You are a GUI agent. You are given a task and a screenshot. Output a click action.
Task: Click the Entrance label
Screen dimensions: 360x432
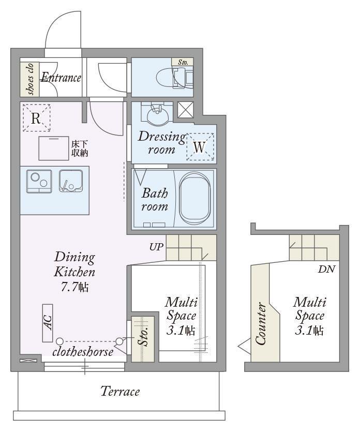coord(61,78)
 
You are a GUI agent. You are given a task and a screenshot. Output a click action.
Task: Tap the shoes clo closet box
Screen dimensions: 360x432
coord(29,79)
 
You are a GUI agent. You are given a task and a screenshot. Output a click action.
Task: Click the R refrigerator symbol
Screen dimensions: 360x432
coord(36,118)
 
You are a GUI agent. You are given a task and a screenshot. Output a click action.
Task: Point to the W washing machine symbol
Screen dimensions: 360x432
coord(200,147)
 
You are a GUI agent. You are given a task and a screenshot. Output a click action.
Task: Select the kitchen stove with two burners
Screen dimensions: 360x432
coord(39,181)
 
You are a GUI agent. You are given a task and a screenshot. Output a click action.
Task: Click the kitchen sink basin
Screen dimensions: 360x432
coord(71,181)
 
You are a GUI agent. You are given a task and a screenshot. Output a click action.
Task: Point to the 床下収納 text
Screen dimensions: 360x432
coord(80,148)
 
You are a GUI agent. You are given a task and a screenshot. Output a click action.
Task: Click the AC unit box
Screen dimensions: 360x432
coord(48,323)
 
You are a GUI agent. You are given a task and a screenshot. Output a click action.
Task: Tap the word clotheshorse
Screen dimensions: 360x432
coord(83,352)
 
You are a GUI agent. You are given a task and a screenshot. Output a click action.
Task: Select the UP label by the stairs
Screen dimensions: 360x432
coord(156,247)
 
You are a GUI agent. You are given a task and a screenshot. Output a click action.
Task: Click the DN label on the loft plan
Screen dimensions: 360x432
coord(327,269)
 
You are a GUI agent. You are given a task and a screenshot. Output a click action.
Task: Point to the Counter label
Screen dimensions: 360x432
coord(261,323)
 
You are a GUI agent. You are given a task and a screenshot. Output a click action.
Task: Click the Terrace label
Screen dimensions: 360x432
coord(120,391)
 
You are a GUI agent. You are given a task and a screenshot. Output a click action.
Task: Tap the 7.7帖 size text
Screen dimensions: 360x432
coord(74,287)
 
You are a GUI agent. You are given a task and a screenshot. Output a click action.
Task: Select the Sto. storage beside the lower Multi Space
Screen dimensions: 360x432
coord(143,339)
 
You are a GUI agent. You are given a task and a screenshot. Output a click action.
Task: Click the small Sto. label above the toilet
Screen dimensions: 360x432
coord(183,62)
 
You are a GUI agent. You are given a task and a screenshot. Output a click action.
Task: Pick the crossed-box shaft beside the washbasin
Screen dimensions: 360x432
coord(186,110)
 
